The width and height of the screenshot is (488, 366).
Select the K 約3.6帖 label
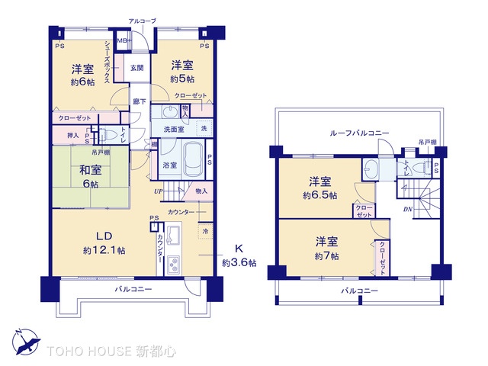239,255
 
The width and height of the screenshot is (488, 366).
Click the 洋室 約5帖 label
182,71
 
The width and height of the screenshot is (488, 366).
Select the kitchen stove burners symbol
172,266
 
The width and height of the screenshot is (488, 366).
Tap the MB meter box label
121,41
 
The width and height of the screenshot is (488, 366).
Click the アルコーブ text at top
142,21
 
